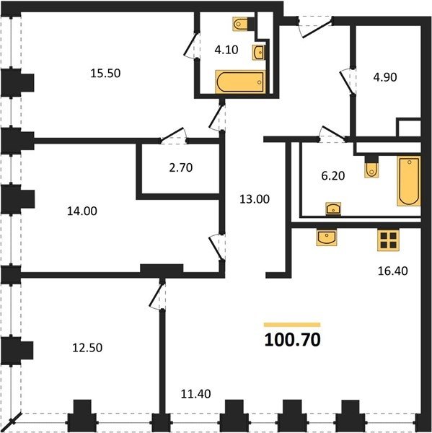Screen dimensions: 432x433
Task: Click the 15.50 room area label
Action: pos(105,74)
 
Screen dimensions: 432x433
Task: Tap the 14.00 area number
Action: pos(82,211)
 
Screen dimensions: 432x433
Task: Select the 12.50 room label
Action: pos(87,348)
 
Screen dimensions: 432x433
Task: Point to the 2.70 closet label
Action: pos(181,167)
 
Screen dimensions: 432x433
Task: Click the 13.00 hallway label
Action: pos(255,199)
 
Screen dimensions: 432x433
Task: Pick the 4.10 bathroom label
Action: pos(226,50)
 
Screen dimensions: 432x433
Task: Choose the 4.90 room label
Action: pos(385,77)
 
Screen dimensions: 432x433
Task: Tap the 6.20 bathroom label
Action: pos(333,175)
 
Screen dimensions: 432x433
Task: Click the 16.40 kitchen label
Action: pos(392,271)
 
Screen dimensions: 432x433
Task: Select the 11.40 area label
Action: pos(195,394)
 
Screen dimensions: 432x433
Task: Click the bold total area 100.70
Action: pos(292,340)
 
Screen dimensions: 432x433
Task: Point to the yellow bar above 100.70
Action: pos(292,325)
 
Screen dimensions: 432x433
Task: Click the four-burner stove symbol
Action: pos(389,240)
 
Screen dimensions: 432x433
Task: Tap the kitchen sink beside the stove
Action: pos(327,237)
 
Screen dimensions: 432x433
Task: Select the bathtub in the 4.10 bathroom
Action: pos(240,82)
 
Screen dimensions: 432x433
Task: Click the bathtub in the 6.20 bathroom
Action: pos(409,181)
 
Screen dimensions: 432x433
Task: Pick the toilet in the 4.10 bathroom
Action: pos(240,24)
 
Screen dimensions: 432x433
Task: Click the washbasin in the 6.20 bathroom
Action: pos(333,209)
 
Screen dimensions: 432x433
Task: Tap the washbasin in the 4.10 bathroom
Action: pos(259,53)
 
